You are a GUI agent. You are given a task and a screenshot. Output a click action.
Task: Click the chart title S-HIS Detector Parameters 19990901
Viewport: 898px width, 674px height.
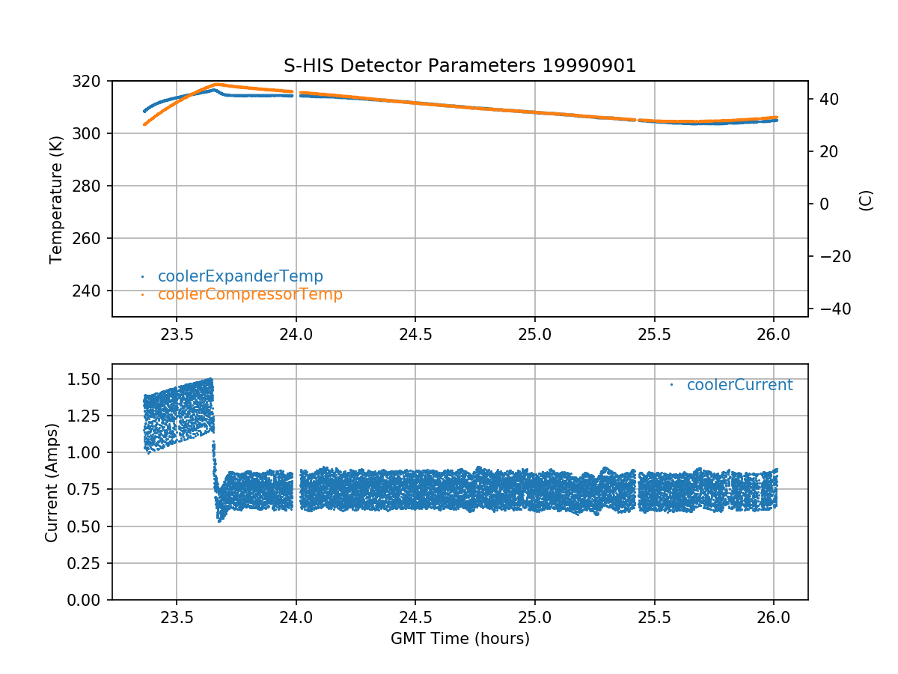(x=459, y=66)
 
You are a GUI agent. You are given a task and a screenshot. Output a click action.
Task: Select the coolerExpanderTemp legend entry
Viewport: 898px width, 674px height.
(x=240, y=276)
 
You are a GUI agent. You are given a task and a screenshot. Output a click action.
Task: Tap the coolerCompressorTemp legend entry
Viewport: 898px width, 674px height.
(x=250, y=294)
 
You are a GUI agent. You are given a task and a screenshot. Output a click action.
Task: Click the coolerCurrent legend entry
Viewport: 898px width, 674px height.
(x=739, y=385)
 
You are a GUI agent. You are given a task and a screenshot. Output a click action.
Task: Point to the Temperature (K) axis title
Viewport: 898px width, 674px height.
(x=55, y=198)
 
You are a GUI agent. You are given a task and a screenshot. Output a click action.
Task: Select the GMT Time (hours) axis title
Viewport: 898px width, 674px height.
(x=459, y=639)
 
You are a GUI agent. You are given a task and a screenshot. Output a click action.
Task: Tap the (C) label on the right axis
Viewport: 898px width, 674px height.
(x=866, y=200)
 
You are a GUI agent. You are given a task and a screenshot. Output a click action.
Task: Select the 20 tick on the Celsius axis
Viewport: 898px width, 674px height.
(x=826, y=151)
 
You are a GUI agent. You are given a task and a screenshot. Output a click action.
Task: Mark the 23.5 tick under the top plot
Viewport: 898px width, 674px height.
(x=177, y=335)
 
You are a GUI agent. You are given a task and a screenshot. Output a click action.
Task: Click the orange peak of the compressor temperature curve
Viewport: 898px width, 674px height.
(x=218, y=85)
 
